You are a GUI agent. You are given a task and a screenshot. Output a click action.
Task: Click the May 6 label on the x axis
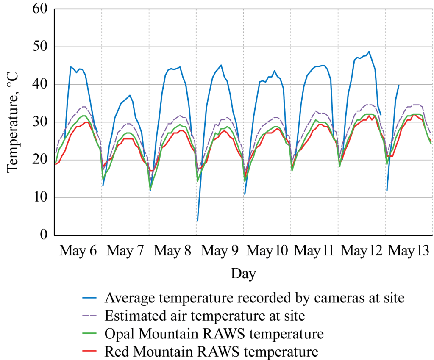tap(78, 251)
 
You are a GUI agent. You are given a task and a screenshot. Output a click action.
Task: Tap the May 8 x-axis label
tap(172, 251)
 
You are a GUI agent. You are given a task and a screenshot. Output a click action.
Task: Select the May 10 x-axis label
tap(267, 251)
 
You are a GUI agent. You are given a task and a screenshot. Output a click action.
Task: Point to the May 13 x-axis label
tap(409, 251)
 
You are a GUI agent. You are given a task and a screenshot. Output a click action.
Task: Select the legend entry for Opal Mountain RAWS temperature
tap(214, 334)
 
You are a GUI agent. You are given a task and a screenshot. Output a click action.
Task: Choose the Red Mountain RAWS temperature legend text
tap(211, 352)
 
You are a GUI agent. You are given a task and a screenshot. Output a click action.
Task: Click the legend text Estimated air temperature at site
tap(205, 316)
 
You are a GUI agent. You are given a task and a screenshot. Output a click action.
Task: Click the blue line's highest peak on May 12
tap(369, 52)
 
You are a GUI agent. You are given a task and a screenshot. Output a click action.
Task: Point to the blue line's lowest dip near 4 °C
tap(198, 220)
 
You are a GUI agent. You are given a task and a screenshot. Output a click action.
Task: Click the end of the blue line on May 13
tap(399, 85)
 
